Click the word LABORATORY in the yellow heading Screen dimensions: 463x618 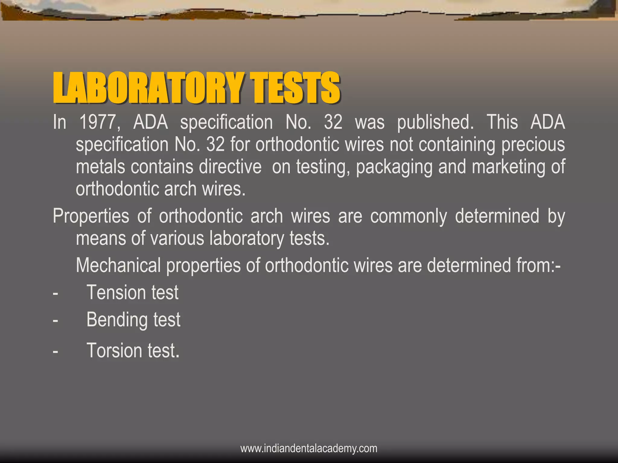pyautogui.click(x=148, y=88)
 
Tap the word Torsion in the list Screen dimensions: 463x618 pyautogui.click(x=114, y=351)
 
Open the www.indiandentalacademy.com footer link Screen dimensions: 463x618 pyautogui.click(x=309, y=448)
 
